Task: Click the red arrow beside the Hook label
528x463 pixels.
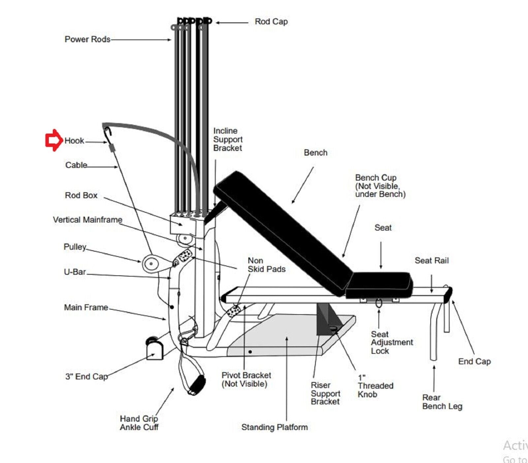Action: (x=53, y=140)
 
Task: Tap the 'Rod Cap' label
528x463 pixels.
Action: (x=271, y=22)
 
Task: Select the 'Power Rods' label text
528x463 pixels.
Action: (x=87, y=39)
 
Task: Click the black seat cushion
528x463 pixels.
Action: (x=379, y=284)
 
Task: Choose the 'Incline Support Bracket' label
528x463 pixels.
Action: (x=228, y=139)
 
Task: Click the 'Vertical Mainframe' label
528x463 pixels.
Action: (x=87, y=220)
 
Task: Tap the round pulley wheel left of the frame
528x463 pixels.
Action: (x=151, y=263)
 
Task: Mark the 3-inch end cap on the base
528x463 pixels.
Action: (x=154, y=350)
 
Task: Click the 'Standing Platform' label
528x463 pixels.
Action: (x=274, y=427)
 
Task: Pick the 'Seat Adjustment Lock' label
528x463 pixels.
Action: (x=391, y=343)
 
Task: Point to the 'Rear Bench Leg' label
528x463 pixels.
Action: (x=442, y=402)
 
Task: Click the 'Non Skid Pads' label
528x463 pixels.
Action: (x=266, y=265)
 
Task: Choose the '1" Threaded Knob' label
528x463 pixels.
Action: (x=375, y=386)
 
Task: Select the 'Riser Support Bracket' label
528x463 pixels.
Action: (x=325, y=393)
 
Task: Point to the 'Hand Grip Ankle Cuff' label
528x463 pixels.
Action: (x=139, y=423)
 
